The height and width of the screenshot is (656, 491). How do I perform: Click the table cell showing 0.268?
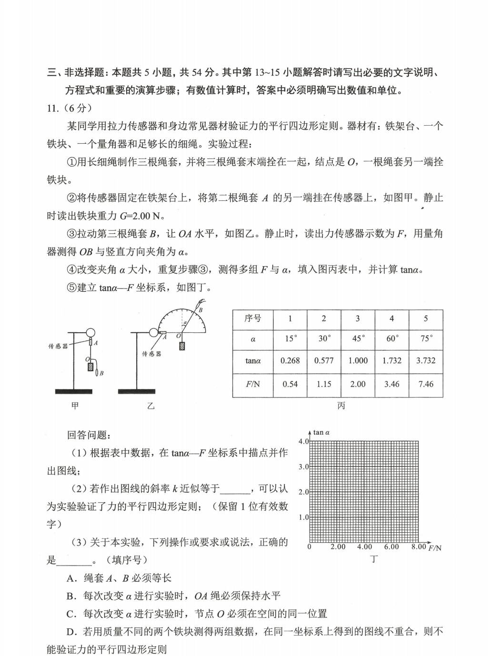pyautogui.click(x=290, y=360)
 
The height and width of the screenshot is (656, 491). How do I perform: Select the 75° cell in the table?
pyautogui.click(x=426, y=338)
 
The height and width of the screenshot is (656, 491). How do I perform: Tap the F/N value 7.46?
pyautogui.click(x=426, y=384)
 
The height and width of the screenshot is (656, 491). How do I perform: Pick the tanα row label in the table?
pyautogui.click(x=253, y=360)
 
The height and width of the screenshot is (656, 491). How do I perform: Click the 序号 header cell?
pyautogui.click(x=253, y=318)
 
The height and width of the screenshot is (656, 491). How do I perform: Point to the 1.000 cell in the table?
pyautogui.click(x=358, y=360)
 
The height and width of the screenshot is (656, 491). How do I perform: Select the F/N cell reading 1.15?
pyautogui.click(x=324, y=384)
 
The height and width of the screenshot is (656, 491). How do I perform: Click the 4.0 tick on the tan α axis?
pyautogui.click(x=303, y=441)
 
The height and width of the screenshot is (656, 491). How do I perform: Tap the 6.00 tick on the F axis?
pyautogui.click(x=391, y=547)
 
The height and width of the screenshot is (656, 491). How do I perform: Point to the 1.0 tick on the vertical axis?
pyautogui.click(x=303, y=517)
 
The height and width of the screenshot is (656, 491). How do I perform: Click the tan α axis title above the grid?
pyautogui.click(x=321, y=433)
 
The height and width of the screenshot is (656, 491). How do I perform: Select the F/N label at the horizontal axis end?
pyautogui.click(x=435, y=548)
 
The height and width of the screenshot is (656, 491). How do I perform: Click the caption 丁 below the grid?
pyautogui.click(x=374, y=559)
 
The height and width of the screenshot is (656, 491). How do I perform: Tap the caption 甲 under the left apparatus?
pyautogui.click(x=75, y=406)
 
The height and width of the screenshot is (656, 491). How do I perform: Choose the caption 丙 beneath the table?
pyautogui.click(x=341, y=406)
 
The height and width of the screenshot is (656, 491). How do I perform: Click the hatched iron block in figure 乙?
pyautogui.click(x=182, y=346)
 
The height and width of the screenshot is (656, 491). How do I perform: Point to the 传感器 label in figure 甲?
pyautogui.click(x=58, y=346)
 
